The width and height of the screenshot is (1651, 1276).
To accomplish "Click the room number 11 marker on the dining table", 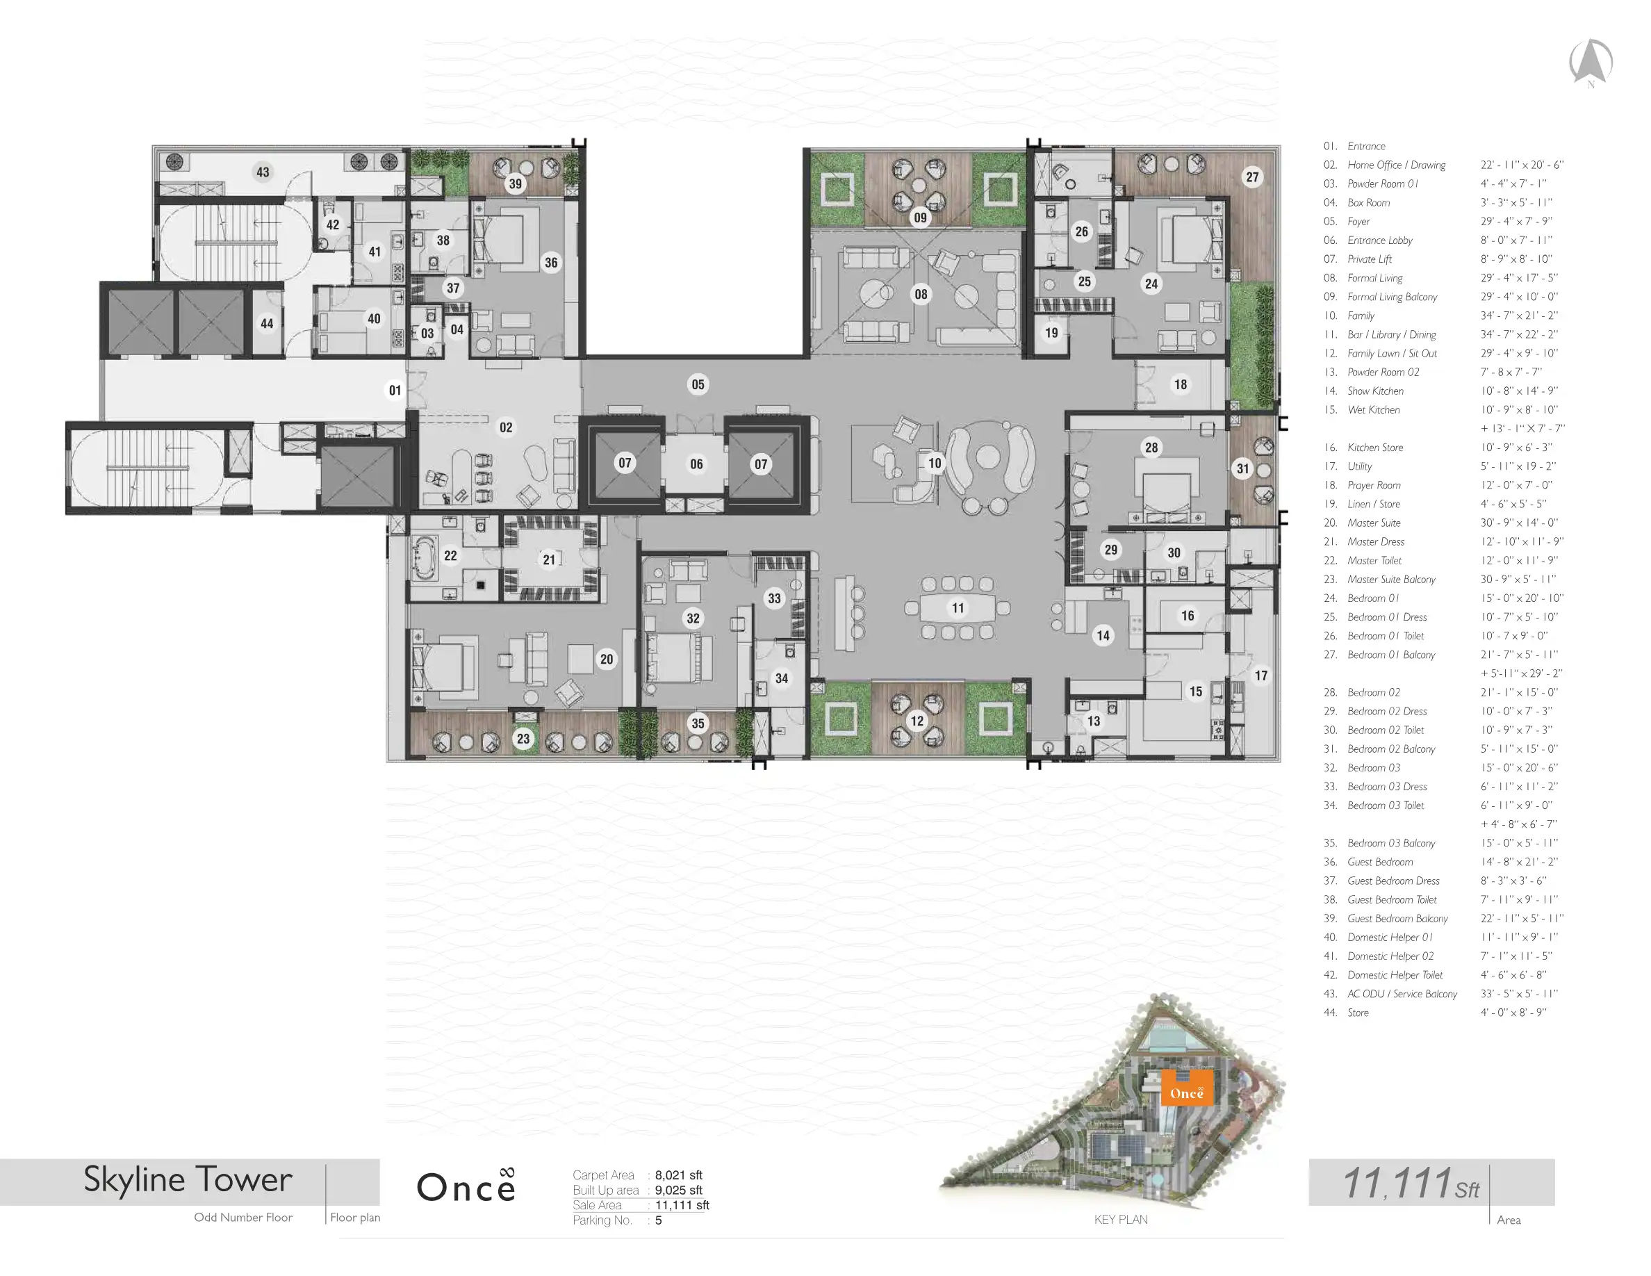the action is pos(958,607).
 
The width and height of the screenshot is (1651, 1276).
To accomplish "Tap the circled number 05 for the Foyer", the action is pos(698,385).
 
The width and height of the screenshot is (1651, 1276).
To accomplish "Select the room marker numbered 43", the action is pos(263,172).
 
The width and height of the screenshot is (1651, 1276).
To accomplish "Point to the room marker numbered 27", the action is pos(1253,177).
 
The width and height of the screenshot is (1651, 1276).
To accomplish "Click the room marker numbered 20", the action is pos(607,659).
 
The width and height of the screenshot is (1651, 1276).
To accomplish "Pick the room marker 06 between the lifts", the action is pos(696,464).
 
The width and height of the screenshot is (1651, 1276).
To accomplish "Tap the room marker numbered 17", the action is pos(1261,676).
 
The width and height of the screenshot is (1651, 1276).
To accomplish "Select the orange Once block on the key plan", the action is pos(1187,1088).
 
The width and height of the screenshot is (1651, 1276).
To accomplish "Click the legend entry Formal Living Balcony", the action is pos(1392,297).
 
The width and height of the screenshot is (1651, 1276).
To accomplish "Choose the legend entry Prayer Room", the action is pos(1374,485).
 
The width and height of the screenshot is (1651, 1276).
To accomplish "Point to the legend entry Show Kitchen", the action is pos(1375,391).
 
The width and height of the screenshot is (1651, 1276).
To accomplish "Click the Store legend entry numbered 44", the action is pos(1358,1013).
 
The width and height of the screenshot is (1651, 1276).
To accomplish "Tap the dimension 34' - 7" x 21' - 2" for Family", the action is pos(1518,316).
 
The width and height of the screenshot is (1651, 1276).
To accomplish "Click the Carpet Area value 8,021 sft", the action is pos(678,1175).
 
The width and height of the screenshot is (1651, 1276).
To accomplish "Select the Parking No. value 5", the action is pos(659,1220).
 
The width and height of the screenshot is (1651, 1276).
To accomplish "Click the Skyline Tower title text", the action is pos(188,1180).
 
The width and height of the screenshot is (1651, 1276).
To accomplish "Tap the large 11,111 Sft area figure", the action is pos(1411,1183).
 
